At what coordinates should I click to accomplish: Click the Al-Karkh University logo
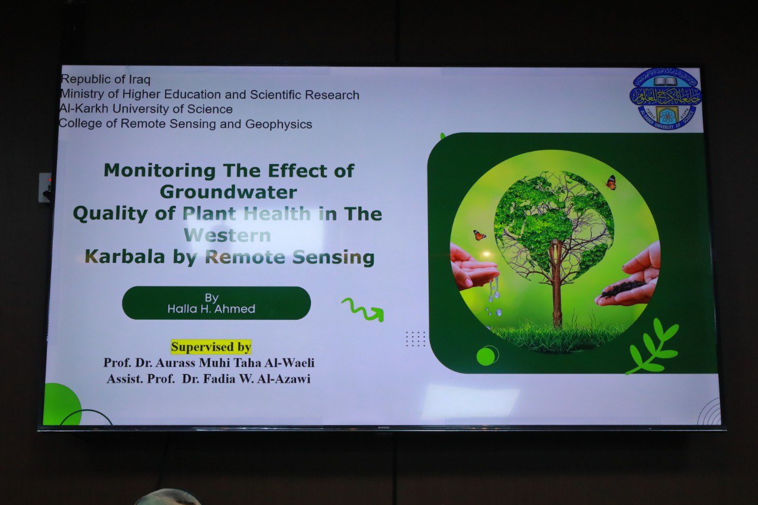coord(665,99)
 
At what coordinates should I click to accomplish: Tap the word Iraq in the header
coord(139,80)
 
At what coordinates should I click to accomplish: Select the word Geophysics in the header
coord(278,124)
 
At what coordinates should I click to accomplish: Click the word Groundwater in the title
coord(229,192)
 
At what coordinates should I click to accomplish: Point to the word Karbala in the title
coord(125,256)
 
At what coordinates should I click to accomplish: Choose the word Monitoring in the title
coord(159,171)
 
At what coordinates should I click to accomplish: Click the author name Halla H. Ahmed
coord(211,309)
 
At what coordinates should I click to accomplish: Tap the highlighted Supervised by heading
coord(211,347)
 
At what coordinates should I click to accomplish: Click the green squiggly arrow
coord(363,309)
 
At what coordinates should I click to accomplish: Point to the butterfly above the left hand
coord(479,235)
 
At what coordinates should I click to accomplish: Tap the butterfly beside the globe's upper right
coord(611,183)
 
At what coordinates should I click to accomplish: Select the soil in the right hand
coord(624,288)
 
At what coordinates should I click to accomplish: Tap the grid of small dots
coord(415,339)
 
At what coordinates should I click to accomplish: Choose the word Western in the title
coord(227,235)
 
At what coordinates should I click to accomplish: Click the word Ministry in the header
coord(82,94)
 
